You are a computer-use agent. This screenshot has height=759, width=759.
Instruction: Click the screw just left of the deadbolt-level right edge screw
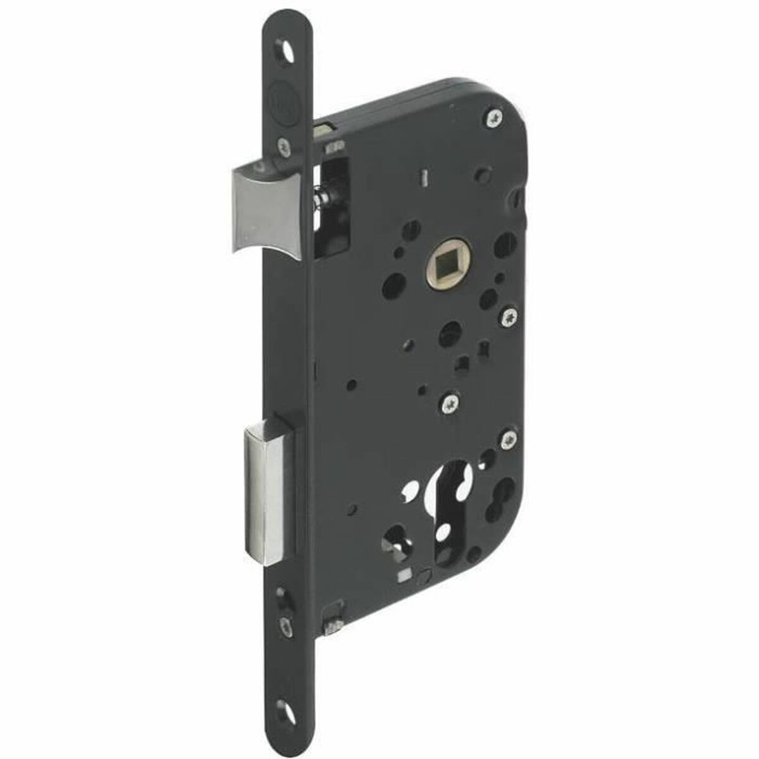450,402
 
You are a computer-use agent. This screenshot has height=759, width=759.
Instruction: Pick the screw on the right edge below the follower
510,314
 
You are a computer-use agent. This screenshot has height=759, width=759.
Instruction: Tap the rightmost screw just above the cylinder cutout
508,438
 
